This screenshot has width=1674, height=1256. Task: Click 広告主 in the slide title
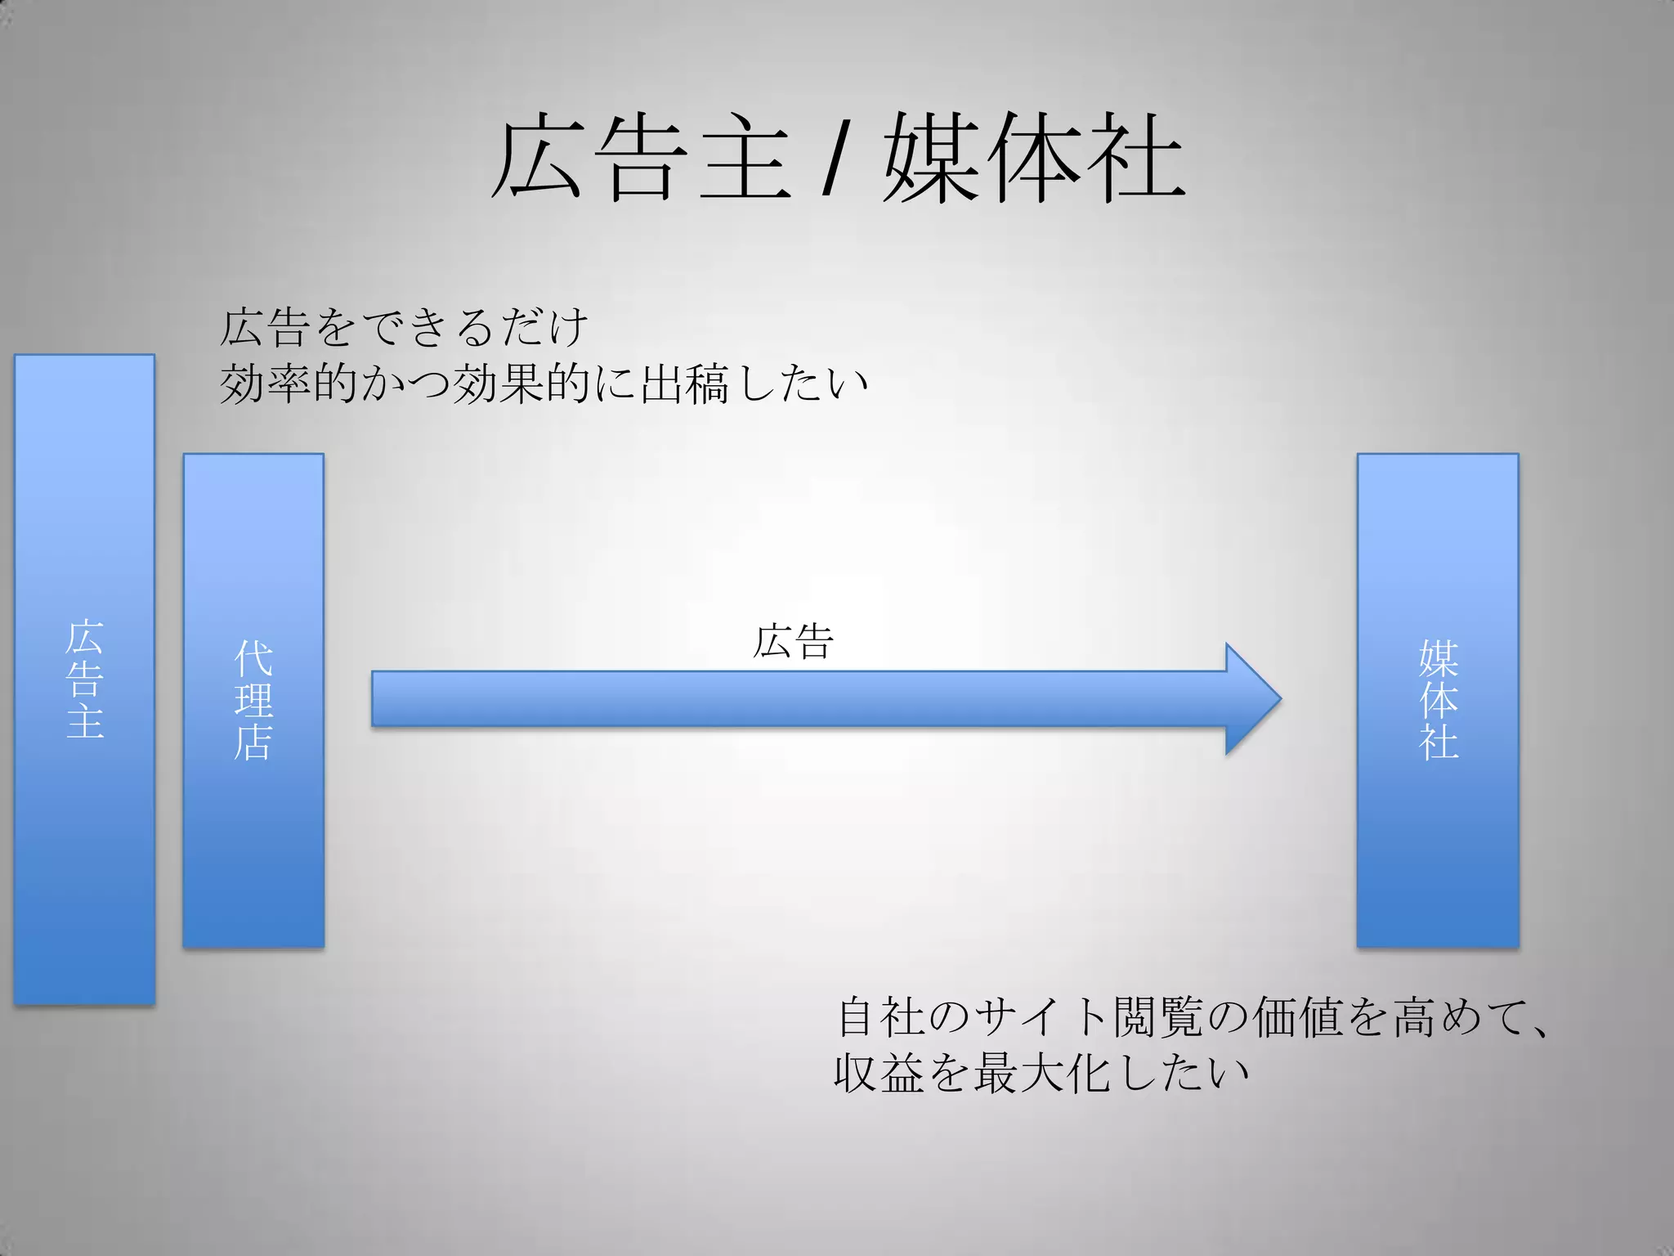pyautogui.click(x=642, y=157)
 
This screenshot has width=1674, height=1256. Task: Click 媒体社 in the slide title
pyautogui.click(x=1034, y=157)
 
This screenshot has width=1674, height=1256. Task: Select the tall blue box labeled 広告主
pyautogui.click(x=84, y=679)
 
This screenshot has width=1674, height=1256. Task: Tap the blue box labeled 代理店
pyautogui.click(x=253, y=700)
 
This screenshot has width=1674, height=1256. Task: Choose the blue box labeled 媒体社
pyautogui.click(x=1438, y=700)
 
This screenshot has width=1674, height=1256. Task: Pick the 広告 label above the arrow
pyautogui.click(x=792, y=641)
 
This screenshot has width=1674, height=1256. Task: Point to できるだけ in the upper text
pyautogui.click(x=474, y=327)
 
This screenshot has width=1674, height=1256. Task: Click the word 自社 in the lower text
pyautogui.click(x=881, y=1017)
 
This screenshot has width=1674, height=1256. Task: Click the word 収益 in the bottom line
pyautogui.click(x=880, y=1073)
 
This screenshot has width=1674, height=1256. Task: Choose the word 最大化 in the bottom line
pyautogui.click(x=1042, y=1073)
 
